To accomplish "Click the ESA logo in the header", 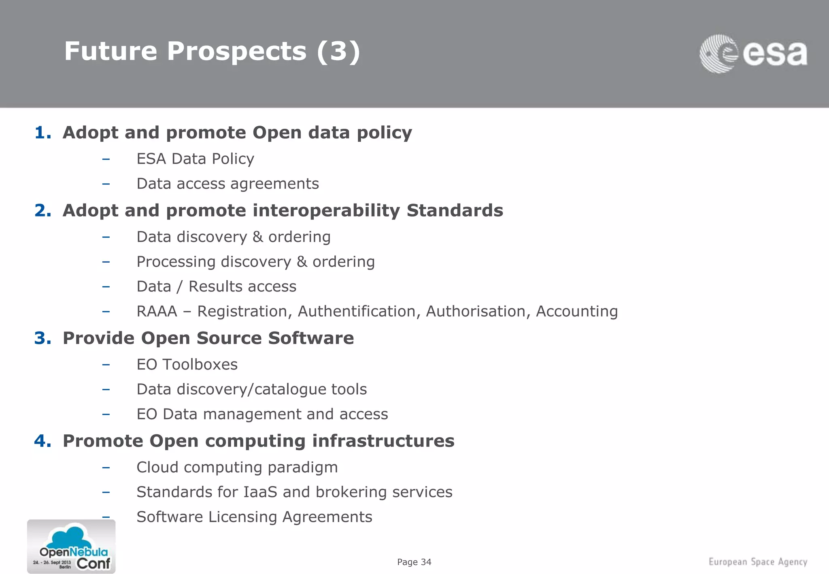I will point(753,54).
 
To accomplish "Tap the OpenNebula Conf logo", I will point(71,546).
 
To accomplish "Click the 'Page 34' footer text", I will point(414,562).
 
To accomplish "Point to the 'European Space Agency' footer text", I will point(758,562).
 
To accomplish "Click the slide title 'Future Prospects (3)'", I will point(212,51).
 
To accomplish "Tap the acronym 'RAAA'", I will point(157,311).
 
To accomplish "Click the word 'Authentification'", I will point(359,311).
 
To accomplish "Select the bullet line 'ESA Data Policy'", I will point(195,159).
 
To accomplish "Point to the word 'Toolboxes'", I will point(200,364).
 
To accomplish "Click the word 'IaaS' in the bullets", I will point(260,492).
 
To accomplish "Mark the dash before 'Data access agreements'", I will point(106,184).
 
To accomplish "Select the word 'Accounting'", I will point(577,311).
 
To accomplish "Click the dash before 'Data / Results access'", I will point(106,287).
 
